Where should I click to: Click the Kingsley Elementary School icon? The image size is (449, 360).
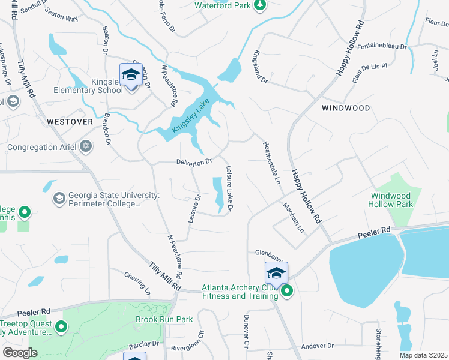tap(130, 75)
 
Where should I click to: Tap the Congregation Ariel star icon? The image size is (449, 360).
tap(86, 146)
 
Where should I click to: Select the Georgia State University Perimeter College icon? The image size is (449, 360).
tap(59, 198)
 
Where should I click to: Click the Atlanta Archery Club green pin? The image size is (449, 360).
tap(287, 292)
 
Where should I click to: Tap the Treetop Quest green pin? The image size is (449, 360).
tap(61, 327)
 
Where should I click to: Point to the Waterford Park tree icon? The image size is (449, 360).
tap(259, 5)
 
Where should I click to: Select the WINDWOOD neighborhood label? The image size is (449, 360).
tap(345, 108)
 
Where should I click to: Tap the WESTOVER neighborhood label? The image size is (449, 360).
tap(70, 121)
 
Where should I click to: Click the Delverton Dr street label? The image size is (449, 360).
tap(194, 161)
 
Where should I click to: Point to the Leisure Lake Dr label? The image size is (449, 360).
tap(229, 188)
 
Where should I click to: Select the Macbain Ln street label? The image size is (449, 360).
tap(294, 217)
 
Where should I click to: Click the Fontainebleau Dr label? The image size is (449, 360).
tap(381, 46)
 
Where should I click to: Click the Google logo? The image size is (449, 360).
tap(20, 352)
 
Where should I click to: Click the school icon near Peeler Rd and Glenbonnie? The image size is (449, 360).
tap(276, 273)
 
